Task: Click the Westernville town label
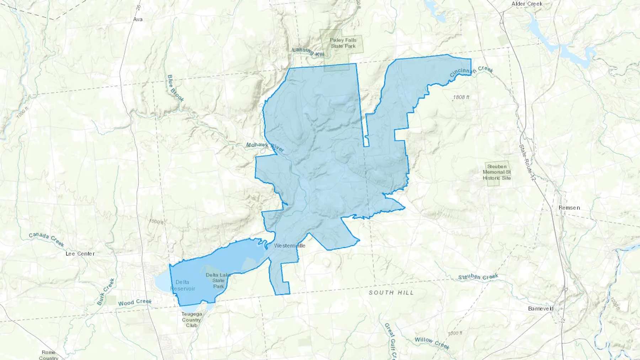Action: tap(289, 246)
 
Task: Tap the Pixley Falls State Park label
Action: tap(343, 43)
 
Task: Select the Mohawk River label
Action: tap(265, 147)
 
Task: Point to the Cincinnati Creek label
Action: tap(471, 71)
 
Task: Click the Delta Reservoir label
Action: tap(183, 285)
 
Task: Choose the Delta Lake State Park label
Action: tap(218, 280)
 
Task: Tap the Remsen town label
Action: tap(569, 208)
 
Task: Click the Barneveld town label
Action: tap(541, 308)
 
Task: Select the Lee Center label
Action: tap(80, 254)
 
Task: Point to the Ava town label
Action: tap(138, 19)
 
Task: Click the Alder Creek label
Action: tap(527, 4)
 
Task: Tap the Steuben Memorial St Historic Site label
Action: tap(497, 172)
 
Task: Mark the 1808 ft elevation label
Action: tap(461, 97)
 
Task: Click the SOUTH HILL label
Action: tap(391, 292)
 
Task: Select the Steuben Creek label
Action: tap(478, 277)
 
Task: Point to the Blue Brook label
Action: tap(176, 88)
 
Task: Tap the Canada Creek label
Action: tap(47, 239)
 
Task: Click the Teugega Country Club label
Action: tap(192, 319)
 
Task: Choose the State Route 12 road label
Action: tap(527, 163)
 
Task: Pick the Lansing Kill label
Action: tap(308, 52)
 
